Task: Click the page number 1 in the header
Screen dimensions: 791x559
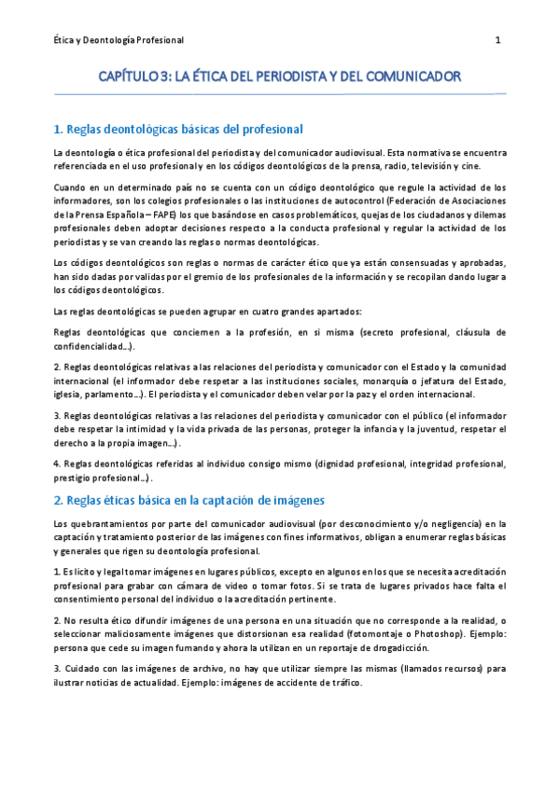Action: pos(497,40)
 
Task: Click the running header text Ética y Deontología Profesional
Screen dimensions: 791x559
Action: pos(118,40)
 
